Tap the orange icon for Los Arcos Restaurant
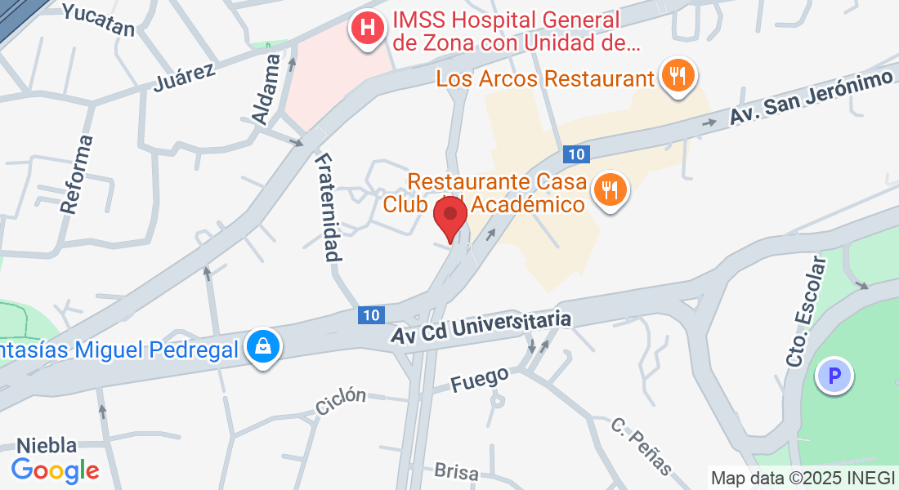(678, 77)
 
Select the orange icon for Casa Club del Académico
(609, 190)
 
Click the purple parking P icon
(834, 376)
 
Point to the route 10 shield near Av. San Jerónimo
(576, 154)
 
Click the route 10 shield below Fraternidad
(371, 314)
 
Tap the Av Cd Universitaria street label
(481, 327)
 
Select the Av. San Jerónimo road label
(809, 98)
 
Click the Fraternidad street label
(327, 207)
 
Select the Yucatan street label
(97, 20)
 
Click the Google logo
(55, 470)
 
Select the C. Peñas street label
(642, 446)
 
